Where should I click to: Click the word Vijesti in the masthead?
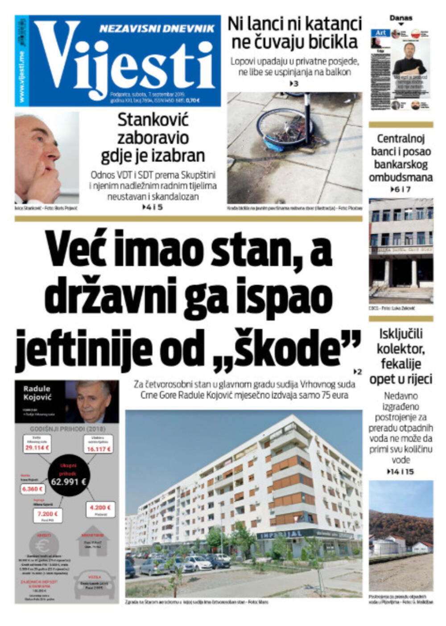125,62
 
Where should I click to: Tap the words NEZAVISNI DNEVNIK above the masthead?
157,29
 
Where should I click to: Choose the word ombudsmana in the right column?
401,177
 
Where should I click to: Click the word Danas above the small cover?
401,18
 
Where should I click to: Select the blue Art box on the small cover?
380,33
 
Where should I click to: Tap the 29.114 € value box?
37,447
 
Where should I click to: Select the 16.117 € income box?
99,449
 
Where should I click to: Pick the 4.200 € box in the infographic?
100,507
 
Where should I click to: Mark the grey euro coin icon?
44,546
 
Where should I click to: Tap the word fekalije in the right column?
401,364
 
